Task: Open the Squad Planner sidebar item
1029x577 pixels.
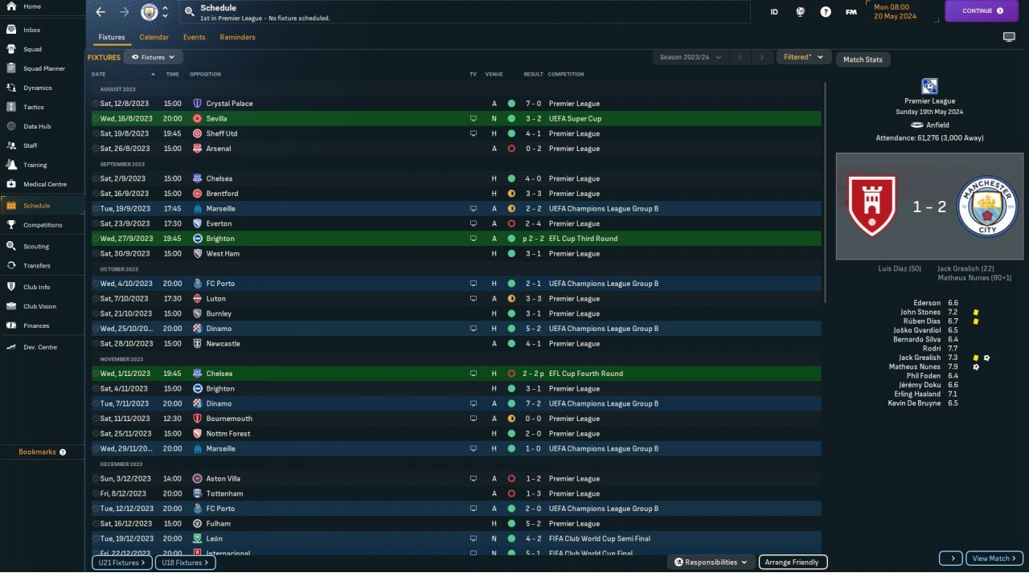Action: (43, 68)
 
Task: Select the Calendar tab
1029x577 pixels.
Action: (154, 37)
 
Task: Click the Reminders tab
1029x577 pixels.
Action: (237, 37)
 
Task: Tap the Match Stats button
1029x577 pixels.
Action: (863, 59)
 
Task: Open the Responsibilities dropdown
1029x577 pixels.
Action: (711, 563)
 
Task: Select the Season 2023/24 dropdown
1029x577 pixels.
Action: (690, 57)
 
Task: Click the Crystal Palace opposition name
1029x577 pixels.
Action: (229, 104)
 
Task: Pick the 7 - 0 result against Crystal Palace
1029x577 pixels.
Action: (533, 104)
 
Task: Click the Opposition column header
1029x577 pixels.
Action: (205, 75)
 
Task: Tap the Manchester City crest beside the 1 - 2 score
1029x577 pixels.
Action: (987, 207)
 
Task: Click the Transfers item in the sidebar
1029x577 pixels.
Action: (37, 266)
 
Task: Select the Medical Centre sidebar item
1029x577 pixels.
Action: (44, 184)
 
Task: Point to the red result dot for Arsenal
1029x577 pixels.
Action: (511, 149)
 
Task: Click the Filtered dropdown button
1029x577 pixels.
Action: (804, 57)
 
